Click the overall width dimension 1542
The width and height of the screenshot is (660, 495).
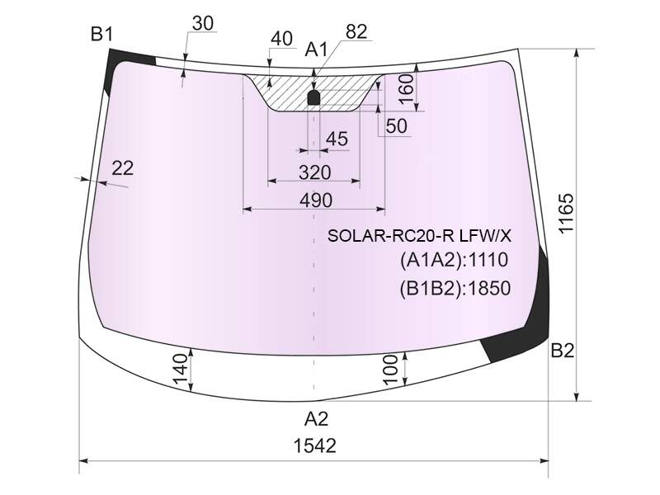tap(315, 445)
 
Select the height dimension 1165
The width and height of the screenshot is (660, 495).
tap(566, 213)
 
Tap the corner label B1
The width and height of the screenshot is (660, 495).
tap(101, 34)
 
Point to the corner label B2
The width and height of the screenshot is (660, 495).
tap(563, 350)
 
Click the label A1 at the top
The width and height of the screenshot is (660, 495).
tap(316, 49)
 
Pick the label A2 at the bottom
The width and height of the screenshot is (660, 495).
tap(316, 419)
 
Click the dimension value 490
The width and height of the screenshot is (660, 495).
tap(316, 200)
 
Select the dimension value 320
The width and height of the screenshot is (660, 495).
tap(315, 172)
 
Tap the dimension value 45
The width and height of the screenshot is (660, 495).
tap(337, 139)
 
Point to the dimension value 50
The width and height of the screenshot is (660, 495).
tap(396, 126)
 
